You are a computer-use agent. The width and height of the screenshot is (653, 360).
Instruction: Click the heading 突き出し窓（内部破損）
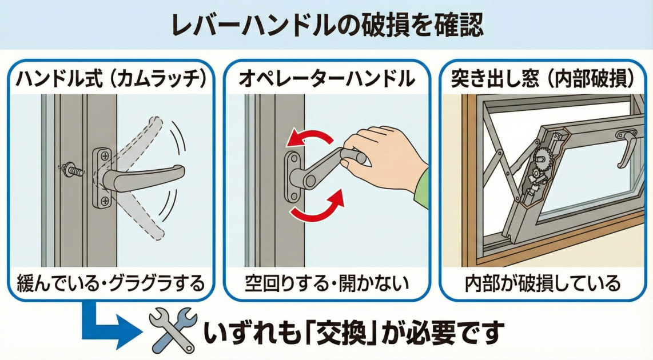543,79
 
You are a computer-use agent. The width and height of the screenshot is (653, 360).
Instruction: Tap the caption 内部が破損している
543,282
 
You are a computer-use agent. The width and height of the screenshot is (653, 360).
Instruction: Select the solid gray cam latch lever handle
143,175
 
